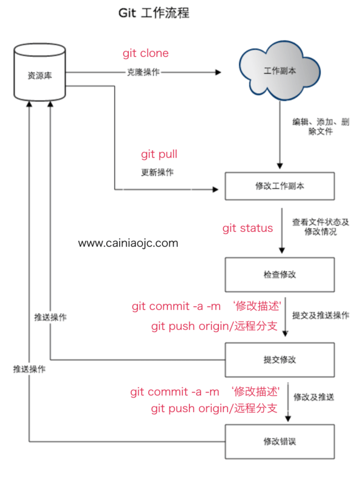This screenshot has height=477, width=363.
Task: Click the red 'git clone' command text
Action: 146,53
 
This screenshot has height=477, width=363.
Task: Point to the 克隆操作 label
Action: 143,71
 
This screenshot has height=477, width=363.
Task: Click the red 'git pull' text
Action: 159,154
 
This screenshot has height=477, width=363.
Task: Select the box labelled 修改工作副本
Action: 280,186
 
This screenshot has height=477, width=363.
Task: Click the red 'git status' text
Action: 247,228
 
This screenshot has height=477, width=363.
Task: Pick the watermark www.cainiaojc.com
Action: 128,243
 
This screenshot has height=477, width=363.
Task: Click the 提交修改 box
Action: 280,360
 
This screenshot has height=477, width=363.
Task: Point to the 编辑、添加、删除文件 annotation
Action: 321,127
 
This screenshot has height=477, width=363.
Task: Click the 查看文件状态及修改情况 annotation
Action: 321,227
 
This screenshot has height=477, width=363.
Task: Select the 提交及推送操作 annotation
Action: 320,315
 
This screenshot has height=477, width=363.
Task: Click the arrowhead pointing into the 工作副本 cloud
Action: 217,71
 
